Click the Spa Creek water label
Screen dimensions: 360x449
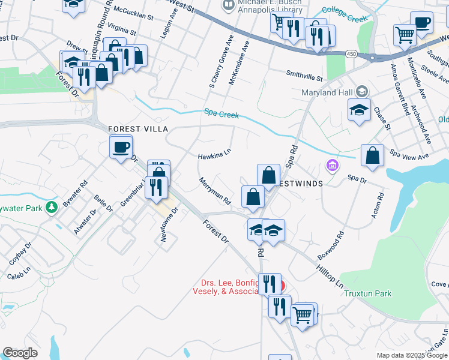pyautogui.click(x=221, y=113)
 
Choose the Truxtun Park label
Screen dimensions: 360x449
pyautogui.click(x=368, y=293)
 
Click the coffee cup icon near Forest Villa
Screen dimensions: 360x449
pyautogui.click(x=121, y=146)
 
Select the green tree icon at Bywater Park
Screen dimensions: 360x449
pyautogui.click(x=52, y=208)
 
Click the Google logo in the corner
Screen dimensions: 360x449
pyautogui.click(x=20, y=353)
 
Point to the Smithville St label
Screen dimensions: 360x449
pyautogui.click(x=304, y=78)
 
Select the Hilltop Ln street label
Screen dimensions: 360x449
pyautogui.click(x=330, y=274)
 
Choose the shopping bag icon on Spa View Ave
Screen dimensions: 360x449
pyautogui.click(x=373, y=155)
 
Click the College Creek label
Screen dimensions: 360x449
pyautogui.click(x=344, y=14)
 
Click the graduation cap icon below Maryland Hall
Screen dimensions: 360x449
pyautogui.click(x=359, y=110)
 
